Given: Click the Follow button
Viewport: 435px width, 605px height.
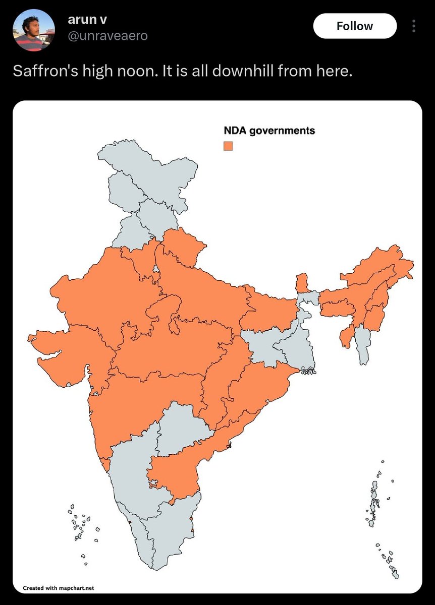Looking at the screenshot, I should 355,26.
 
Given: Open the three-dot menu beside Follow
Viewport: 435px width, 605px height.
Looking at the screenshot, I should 414,26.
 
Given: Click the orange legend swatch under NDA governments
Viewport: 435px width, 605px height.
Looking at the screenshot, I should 228,146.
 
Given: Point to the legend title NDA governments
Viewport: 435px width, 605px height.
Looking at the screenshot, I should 269,131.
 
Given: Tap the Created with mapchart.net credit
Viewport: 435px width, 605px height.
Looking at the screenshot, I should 59,587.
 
